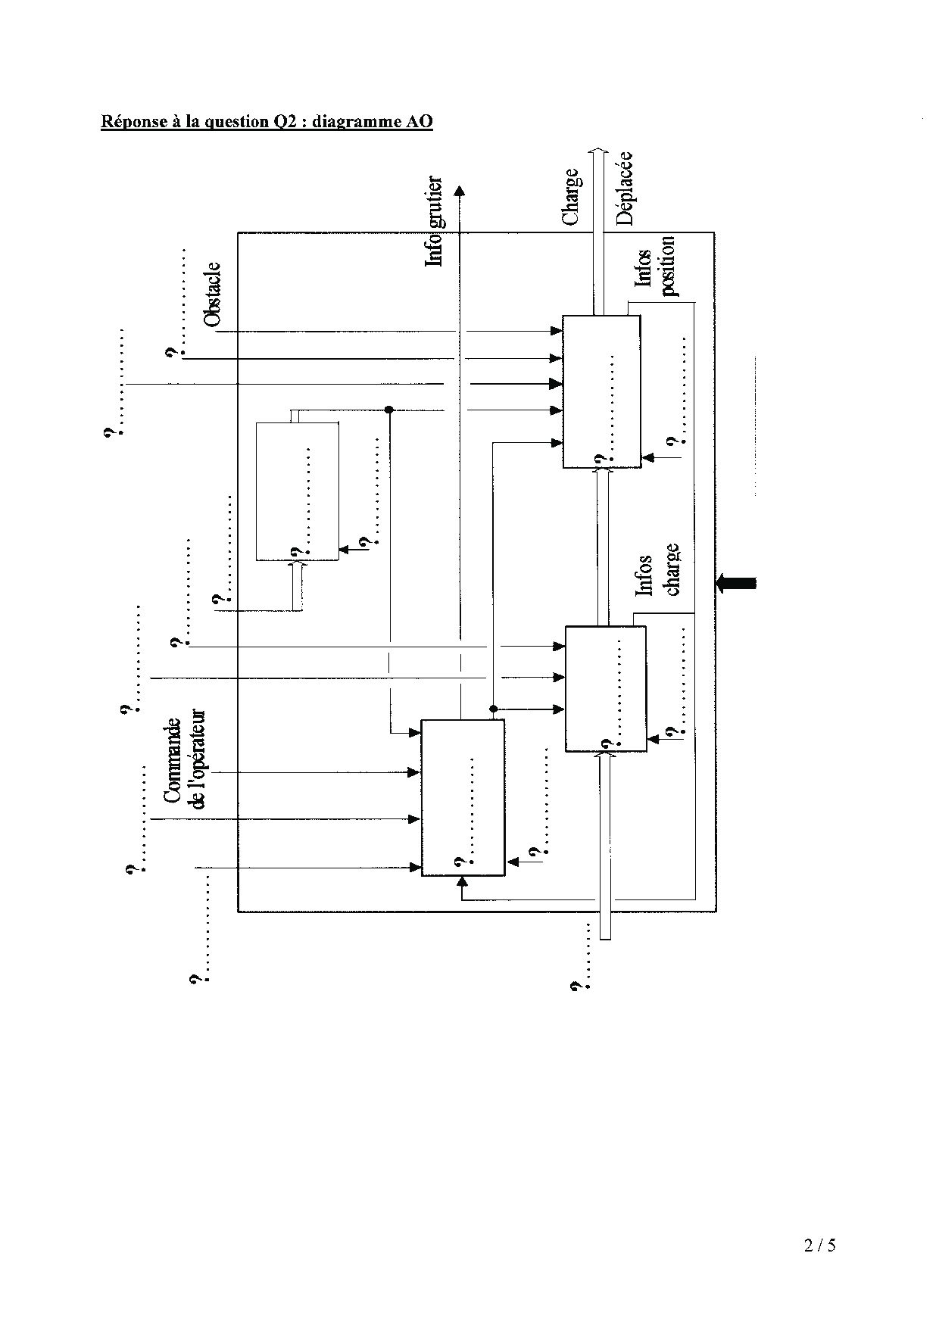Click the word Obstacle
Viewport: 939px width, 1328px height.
click(x=213, y=295)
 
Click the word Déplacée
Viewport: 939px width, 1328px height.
click(x=624, y=189)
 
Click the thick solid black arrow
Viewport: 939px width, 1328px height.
click(x=735, y=582)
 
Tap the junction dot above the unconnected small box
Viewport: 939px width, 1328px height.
click(x=389, y=410)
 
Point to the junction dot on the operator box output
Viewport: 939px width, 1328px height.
click(x=492, y=709)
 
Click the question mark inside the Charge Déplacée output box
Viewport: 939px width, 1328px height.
click(x=599, y=459)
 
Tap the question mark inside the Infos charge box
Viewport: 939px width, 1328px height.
click(x=604, y=743)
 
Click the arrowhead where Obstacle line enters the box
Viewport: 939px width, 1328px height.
click(x=557, y=331)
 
